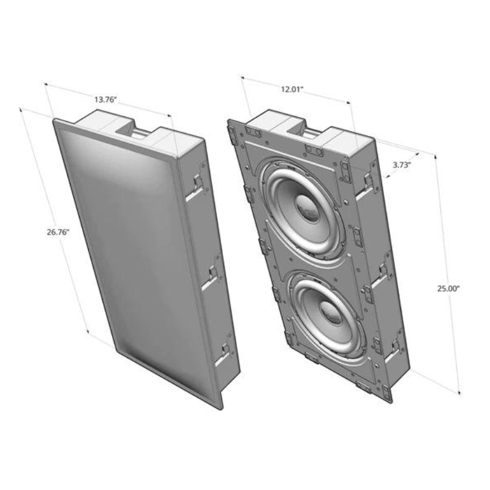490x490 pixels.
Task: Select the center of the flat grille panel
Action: pos(138,257)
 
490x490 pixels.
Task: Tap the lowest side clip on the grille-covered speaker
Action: pos(225,350)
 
